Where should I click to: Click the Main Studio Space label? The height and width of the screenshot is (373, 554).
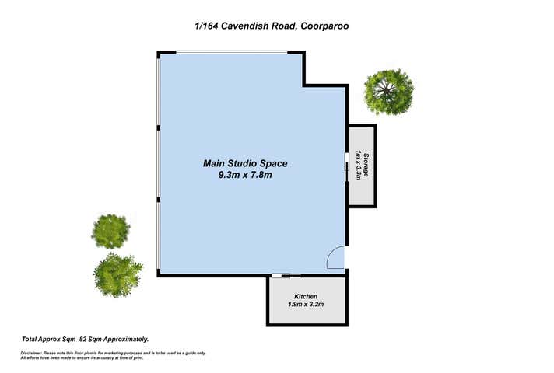pyautogui.click(x=245, y=163)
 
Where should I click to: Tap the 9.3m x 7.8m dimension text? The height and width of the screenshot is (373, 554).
pyautogui.click(x=245, y=176)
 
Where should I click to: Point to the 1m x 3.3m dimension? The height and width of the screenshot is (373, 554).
pyautogui.click(x=358, y=166)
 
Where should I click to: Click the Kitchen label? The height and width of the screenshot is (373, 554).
pyautogui.click(x=306, y=297)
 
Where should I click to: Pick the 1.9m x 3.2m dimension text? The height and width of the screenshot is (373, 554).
pyautogui.click(x=306, y=305)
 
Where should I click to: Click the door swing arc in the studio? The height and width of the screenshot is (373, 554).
pyautogui.click(x=335, y=258)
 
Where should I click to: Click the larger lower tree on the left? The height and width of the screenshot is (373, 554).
pyautogui.click(x=117, y=271)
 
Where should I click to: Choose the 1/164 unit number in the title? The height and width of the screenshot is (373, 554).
pyautogui.click(x=205, y=26)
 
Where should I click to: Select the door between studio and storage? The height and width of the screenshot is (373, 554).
pyautogui.click(x=347, y=166)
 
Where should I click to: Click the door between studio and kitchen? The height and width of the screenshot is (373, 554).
pyautogui.click(x=281, y=274)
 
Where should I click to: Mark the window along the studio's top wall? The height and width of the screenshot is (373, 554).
pyautogui.click(x=231, y=53)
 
